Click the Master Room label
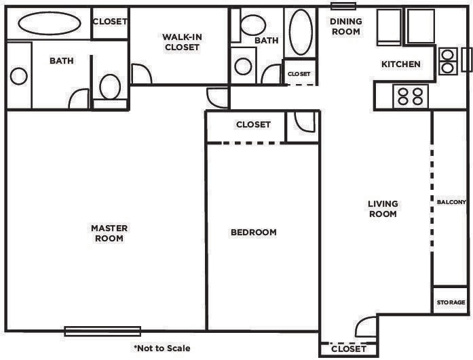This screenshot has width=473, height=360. coord(109,233)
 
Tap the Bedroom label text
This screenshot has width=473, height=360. coord(254,233)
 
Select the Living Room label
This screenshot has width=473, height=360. coord(383,209)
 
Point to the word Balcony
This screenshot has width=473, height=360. coord(451,202)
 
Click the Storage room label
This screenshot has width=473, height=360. coord(451,302)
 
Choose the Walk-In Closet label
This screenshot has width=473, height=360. coord(181,42)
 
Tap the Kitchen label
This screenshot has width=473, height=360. coord(400,65)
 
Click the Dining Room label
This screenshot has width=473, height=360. coord(345,26)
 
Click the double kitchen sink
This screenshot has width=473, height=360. coord(447,61)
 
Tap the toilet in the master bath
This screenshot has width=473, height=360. coord(109,87)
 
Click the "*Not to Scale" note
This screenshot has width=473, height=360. coord(162,348)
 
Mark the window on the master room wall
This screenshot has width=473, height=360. coord(102,331)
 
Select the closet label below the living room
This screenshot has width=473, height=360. coord(349,350)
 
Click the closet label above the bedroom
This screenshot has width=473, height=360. coord(253,125)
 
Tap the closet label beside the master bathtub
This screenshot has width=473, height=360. coord(110,22)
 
